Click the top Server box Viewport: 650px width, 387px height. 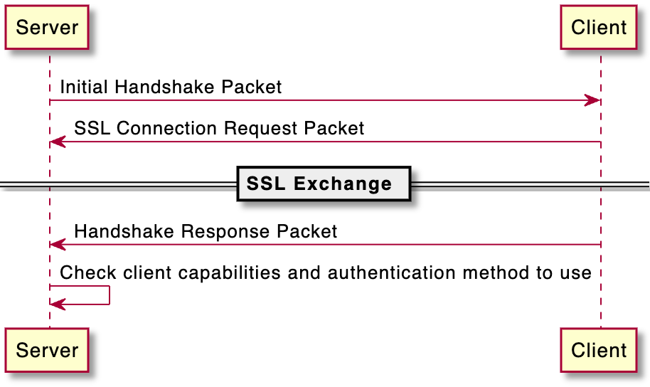pos(46,28)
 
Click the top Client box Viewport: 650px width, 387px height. pos(599,28)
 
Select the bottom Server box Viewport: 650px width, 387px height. pos(46,350)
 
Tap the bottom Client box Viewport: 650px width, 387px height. pos(599,350)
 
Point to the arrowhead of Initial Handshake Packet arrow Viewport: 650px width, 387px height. pos(593,101)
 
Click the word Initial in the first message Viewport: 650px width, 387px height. pos(85,88)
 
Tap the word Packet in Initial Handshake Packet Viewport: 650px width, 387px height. pos(252,88)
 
